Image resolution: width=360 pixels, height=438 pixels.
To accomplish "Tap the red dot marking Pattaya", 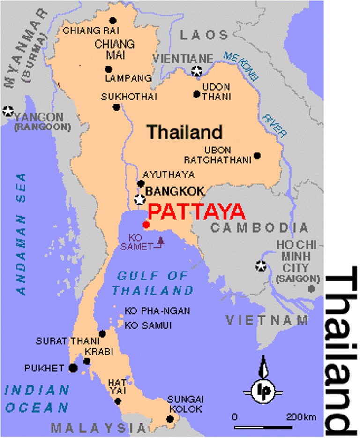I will (146, 225).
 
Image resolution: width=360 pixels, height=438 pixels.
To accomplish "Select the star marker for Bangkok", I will (139, 199).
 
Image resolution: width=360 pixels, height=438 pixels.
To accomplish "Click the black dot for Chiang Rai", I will (112, 21).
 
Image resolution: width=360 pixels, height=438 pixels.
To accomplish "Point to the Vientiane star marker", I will (197, 71).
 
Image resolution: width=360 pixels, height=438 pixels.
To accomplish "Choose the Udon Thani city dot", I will (196, 94).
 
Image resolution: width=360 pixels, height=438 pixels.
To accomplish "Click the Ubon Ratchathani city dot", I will (257, 156).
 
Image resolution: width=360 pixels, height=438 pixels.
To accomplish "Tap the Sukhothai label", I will (129, 97).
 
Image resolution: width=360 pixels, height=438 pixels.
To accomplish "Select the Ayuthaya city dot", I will (141, 183).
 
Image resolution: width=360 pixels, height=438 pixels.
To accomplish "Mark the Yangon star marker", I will (7, 111).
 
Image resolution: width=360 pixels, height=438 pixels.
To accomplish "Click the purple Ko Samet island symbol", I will (161, 241).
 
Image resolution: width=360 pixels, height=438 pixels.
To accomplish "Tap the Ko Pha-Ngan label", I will (157, 311).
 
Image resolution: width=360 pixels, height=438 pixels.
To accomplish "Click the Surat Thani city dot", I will (102, 333).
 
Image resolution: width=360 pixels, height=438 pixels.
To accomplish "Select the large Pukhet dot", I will (73, 368).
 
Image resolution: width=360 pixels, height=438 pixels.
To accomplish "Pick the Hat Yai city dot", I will (118, 401).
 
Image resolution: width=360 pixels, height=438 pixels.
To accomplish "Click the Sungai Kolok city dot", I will (171, 419).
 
